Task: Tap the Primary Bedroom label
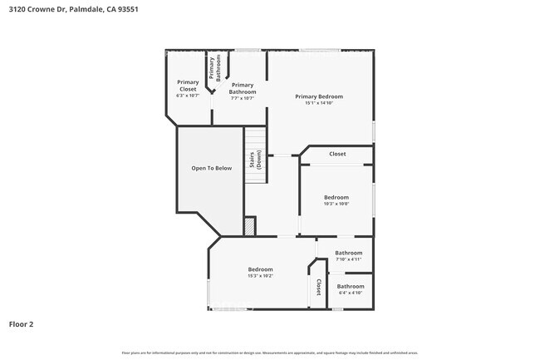[x=319, y=96]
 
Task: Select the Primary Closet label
[x=188, y=85]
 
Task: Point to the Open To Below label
[x=212, y=168]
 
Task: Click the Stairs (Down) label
[x=255, y=160]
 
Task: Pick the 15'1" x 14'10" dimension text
[x=319, y=103]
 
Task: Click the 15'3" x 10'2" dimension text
[x=260, y=276]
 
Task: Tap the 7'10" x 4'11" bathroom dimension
[x=348, y=259]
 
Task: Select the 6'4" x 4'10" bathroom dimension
[x=350, y=293]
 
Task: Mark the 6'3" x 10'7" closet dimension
[x=188, y=96]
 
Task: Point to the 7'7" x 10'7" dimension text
[x=243, y=98]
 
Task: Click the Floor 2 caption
[x=22, y=324]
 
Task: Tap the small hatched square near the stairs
[x=249, y=225]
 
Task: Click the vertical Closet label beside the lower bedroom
[x=317, y=287]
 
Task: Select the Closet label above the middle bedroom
[x=337, y=154]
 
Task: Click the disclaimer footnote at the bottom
[x=269, y=353]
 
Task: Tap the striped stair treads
[x=255, y=137]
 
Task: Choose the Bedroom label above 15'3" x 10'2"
[x=260, y=269]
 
